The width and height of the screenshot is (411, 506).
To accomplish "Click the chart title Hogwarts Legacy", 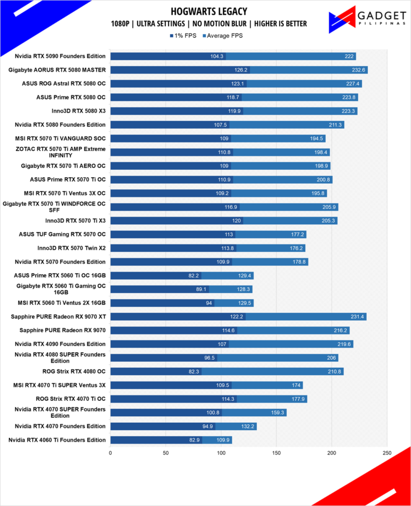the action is [x=209, y=12].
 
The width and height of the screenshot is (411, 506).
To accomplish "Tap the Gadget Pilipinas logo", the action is [x=367, y=19].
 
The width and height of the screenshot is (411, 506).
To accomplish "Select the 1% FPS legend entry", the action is [x=183, y=36].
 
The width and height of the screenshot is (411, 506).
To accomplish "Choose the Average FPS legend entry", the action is [x=223, y=36].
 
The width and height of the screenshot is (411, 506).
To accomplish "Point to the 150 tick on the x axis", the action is [x=276, y=453].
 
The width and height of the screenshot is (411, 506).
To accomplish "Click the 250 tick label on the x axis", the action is [x=387, y=453].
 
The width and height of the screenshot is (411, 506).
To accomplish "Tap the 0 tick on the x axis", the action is [x=110, y=453].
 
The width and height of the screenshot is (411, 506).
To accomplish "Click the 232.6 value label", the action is [x=358, y=70].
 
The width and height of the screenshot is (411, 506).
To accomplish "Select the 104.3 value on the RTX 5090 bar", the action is [x=217, y=57].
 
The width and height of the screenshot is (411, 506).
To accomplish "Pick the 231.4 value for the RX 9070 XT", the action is [x=357, y=317].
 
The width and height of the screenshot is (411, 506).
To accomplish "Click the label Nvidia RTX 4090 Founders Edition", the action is [x=60, y=344].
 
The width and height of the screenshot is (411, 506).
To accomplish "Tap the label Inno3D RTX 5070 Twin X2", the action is [x=72, y=248].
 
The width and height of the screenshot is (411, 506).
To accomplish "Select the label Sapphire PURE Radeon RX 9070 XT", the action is [x=58, y=317].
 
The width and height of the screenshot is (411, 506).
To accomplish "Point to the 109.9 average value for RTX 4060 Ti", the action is [x=223, y=440].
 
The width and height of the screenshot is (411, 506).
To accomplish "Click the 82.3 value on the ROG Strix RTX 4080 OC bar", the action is [x=194, y=371].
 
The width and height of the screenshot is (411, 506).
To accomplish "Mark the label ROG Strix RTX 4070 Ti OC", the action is [x=70, y=399].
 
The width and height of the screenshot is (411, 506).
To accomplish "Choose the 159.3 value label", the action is [x=278, y=413].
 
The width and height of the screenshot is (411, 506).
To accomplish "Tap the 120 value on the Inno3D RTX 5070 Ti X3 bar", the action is [x=236, y=221].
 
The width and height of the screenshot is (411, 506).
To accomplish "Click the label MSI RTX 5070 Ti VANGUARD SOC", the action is [x=60, y=138].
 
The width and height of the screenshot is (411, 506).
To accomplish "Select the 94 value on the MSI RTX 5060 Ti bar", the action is [x=209, y=303].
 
